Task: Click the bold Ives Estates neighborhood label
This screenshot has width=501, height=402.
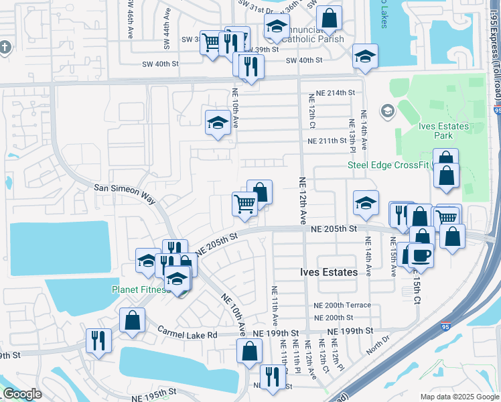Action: point(328,273)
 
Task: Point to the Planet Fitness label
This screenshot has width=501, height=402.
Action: point(139,289)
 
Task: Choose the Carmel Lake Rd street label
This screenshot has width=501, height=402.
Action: point(188,332)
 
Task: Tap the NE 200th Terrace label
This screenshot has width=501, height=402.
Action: point(342,305)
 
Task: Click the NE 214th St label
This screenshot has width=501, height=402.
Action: point(331,92)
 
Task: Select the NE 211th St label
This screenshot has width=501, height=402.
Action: point(330,141)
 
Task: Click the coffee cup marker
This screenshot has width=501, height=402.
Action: point(420,255)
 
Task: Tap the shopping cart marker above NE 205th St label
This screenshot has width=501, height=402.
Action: point(244,204)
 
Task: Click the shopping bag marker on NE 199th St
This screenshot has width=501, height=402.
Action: point(249,350)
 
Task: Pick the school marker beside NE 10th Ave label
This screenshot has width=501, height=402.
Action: point(218,123)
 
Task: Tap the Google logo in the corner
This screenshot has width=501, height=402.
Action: point(22,393)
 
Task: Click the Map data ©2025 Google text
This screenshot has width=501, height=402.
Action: point(459,397)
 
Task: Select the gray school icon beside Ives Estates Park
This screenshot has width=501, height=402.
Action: point(386,110)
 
